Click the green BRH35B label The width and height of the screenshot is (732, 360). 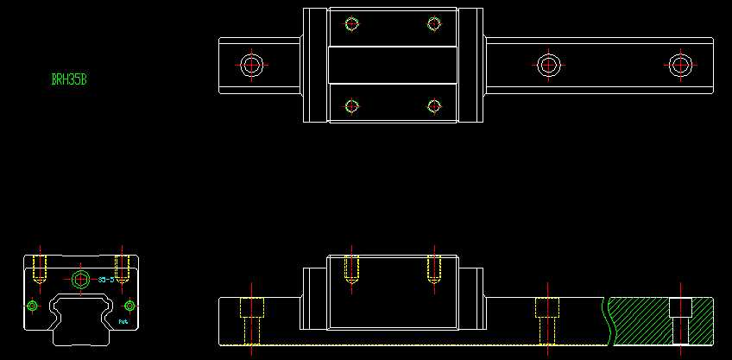pyautogui.click(x=69, y=80)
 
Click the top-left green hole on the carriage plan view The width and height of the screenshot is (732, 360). pyautogui.click(x=351, y=24)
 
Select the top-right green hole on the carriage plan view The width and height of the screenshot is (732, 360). pyautogui.click(x=434, y=24)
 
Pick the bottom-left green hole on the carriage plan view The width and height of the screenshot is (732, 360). pyautogui.click(x=351, y=106)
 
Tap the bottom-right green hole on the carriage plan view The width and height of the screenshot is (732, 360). pyautogui.click(x=434, y=106)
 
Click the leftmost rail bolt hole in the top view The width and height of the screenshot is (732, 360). pyautogui.click(x=252, y=65)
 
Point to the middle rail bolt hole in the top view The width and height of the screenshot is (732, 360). pyautogui.click(x=548, y=65)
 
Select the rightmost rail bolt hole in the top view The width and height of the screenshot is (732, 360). pyautogui.click(x=680, y=65)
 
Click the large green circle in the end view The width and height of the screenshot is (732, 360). pyautogui.click(x=81, y=279)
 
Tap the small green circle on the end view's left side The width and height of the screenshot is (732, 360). pyautogui.click(x=33, y=306)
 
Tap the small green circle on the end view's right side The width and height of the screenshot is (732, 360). pyautogui.click(x=129, y=306)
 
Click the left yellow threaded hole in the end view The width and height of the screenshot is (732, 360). pyautogui.click(x=39, y=269)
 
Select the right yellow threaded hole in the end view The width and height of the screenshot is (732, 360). pyautogui.click(x=122, y=269)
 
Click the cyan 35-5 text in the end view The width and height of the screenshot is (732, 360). pyautogui.click(x=106, y=280)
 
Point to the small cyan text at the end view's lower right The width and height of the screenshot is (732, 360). pyautogui.click(x=123, y=321)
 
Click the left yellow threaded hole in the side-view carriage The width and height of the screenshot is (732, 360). pyautogui.click(x=351, y=269)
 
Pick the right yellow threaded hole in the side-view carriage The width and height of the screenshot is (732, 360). pyautogui.click(x=434, y=269)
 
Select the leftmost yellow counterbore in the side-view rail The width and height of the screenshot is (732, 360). pyautogui.click(x=251, y=319)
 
